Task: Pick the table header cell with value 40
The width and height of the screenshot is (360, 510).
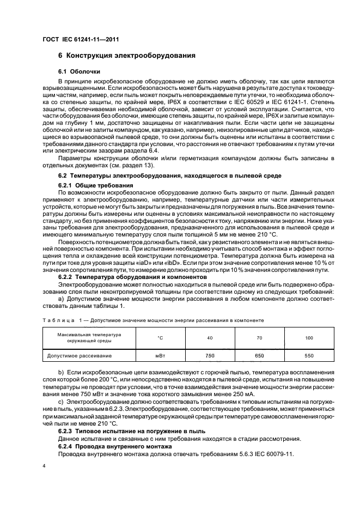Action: [210, 338]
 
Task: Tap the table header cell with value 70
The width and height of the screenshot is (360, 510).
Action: [259, 338]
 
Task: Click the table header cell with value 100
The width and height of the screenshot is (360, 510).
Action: [309, 338]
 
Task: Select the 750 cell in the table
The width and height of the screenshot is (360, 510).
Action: [210, 355]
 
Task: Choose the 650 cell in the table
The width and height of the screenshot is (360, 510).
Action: [259, 355]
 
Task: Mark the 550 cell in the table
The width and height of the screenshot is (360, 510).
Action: [309, 355]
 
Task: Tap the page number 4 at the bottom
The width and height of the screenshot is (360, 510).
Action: [45, 467]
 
